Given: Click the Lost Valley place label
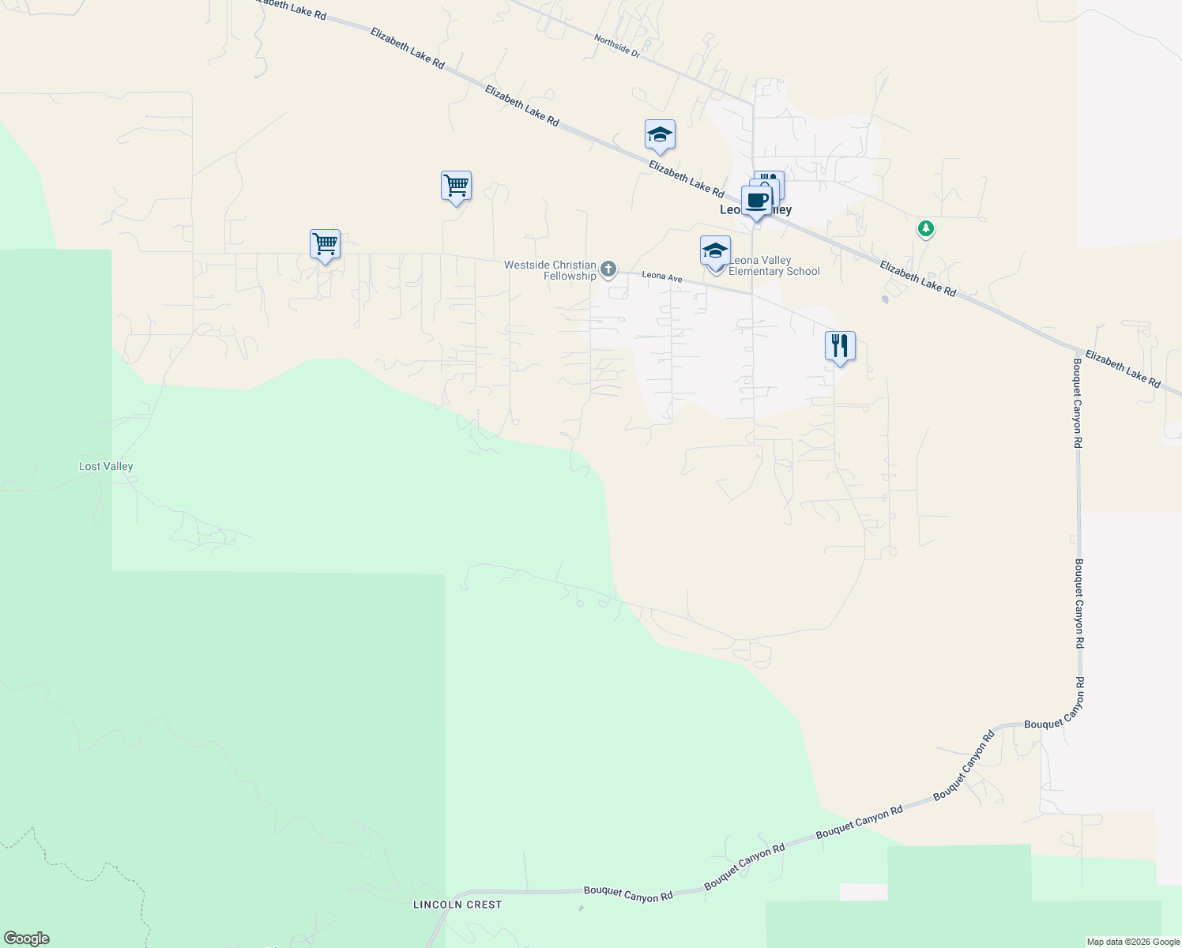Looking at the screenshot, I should (106, 466).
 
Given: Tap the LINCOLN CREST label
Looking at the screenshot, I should (457, 905).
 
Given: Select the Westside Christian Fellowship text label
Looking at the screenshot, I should (551, 270).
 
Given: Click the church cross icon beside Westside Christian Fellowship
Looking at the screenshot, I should (608, 269).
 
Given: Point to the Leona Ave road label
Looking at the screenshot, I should (661, 277).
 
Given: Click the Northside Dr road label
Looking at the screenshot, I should (616, 45).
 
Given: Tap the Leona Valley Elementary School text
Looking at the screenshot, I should (774, 265).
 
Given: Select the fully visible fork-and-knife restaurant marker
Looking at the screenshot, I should (840, 346).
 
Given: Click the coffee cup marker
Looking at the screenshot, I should (756, 201).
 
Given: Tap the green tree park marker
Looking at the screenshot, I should (925, 229).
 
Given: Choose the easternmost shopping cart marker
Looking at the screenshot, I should (456, 186).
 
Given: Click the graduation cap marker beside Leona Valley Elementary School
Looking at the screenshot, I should (715, 251).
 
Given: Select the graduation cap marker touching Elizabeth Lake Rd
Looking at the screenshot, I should (659, 135).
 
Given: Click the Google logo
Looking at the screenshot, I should (27, 939).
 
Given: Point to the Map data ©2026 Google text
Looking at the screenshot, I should (1133, 942).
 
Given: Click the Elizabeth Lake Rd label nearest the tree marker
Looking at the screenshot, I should (917, 279).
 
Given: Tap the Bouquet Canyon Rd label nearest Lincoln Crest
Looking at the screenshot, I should (628, 894).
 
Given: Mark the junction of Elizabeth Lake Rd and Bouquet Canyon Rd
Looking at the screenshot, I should (1078, 351).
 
